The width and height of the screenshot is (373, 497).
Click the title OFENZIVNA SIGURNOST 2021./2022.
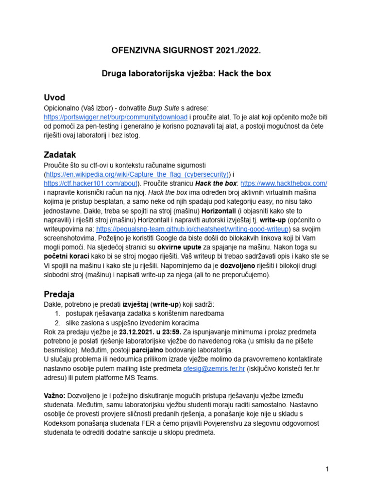(x=186, y=50)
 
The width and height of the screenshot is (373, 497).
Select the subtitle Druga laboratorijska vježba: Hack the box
(x=186, y=74)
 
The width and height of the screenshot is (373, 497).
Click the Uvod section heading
(x=54, y=97)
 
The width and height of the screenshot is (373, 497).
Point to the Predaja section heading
(x=59, y=294)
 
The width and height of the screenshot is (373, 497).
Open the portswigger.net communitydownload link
(x=116, y=117)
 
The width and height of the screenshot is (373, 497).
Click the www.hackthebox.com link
(x=284, y=183)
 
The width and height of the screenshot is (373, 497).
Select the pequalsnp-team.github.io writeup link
(x=193, y=229)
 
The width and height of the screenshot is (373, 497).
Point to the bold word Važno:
(x=54, y=396)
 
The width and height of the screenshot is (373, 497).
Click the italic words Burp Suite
(x=152, y=108)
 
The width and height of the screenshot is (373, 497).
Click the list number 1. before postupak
(x=57, y=314)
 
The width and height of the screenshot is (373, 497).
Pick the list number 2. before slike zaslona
(x=57, y=323)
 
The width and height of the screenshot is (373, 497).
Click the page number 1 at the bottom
(x=328, y=469)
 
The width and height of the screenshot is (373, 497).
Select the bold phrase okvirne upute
(x=180, y=247)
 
